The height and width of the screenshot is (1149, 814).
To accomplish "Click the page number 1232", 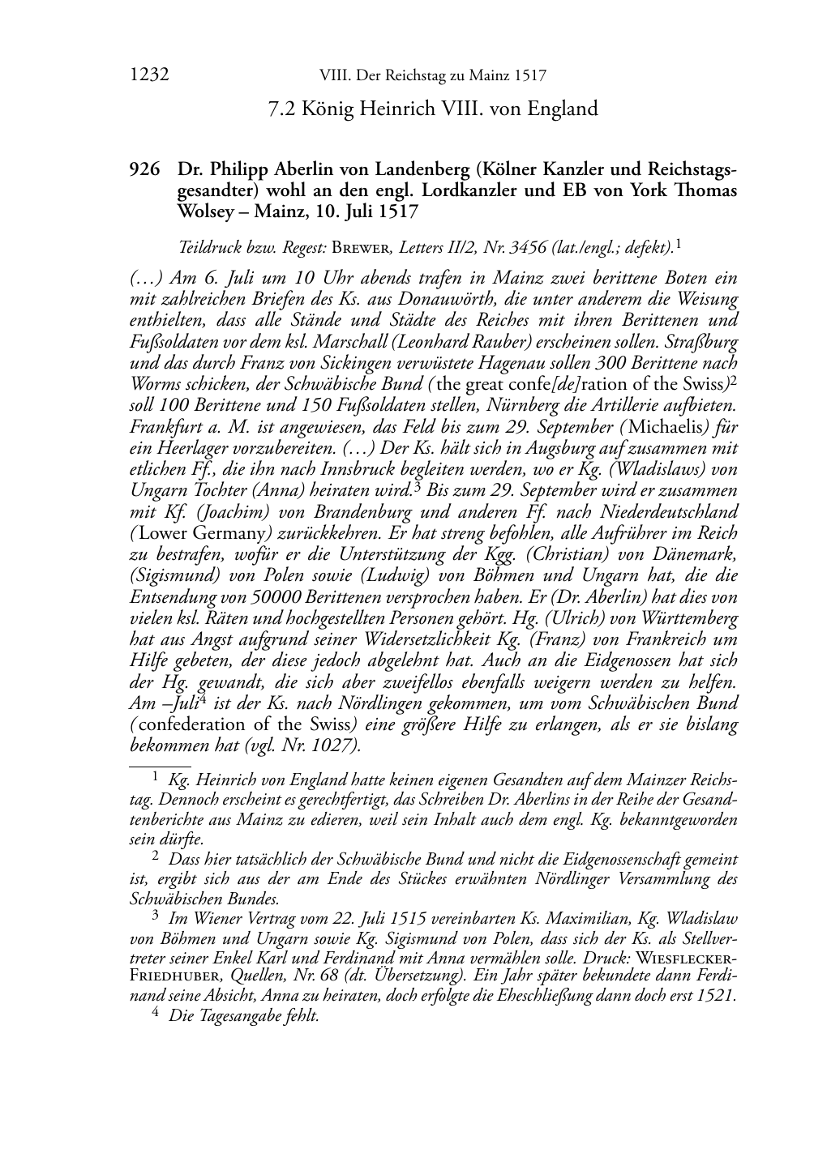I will (x=149, y=76).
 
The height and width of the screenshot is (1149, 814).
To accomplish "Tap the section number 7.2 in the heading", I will (x=283, y=109).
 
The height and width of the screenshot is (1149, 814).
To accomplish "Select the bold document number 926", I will (x=144, y=170).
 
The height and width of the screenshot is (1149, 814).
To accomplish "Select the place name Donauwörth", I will (x=422, y=300).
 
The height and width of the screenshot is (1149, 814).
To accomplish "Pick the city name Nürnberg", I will (x=503, y=405).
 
